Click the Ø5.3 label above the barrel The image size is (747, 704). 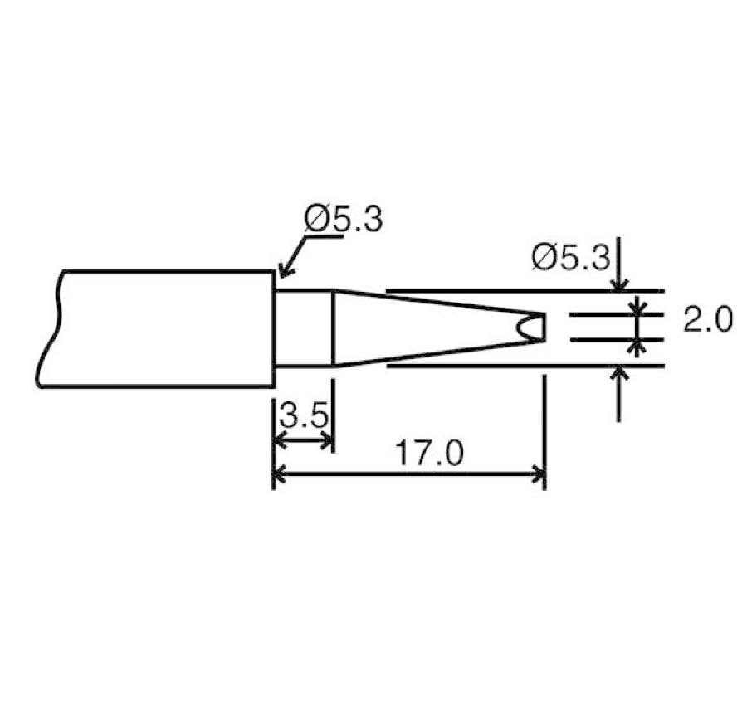tap(343, 220)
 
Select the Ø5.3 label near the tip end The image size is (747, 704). tap(570, 258)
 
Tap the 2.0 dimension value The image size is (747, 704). tap(707, 319)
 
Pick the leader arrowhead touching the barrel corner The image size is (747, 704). tap(282, 271)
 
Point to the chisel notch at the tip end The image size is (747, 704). tap(527, 328)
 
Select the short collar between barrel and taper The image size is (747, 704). tap(304, 328)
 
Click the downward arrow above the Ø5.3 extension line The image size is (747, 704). tap(618, 284)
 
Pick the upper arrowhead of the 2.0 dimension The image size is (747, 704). tap(637, 308)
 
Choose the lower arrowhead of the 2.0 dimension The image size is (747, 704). tap(637, 345)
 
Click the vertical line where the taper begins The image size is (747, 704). tap(333, 328)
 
